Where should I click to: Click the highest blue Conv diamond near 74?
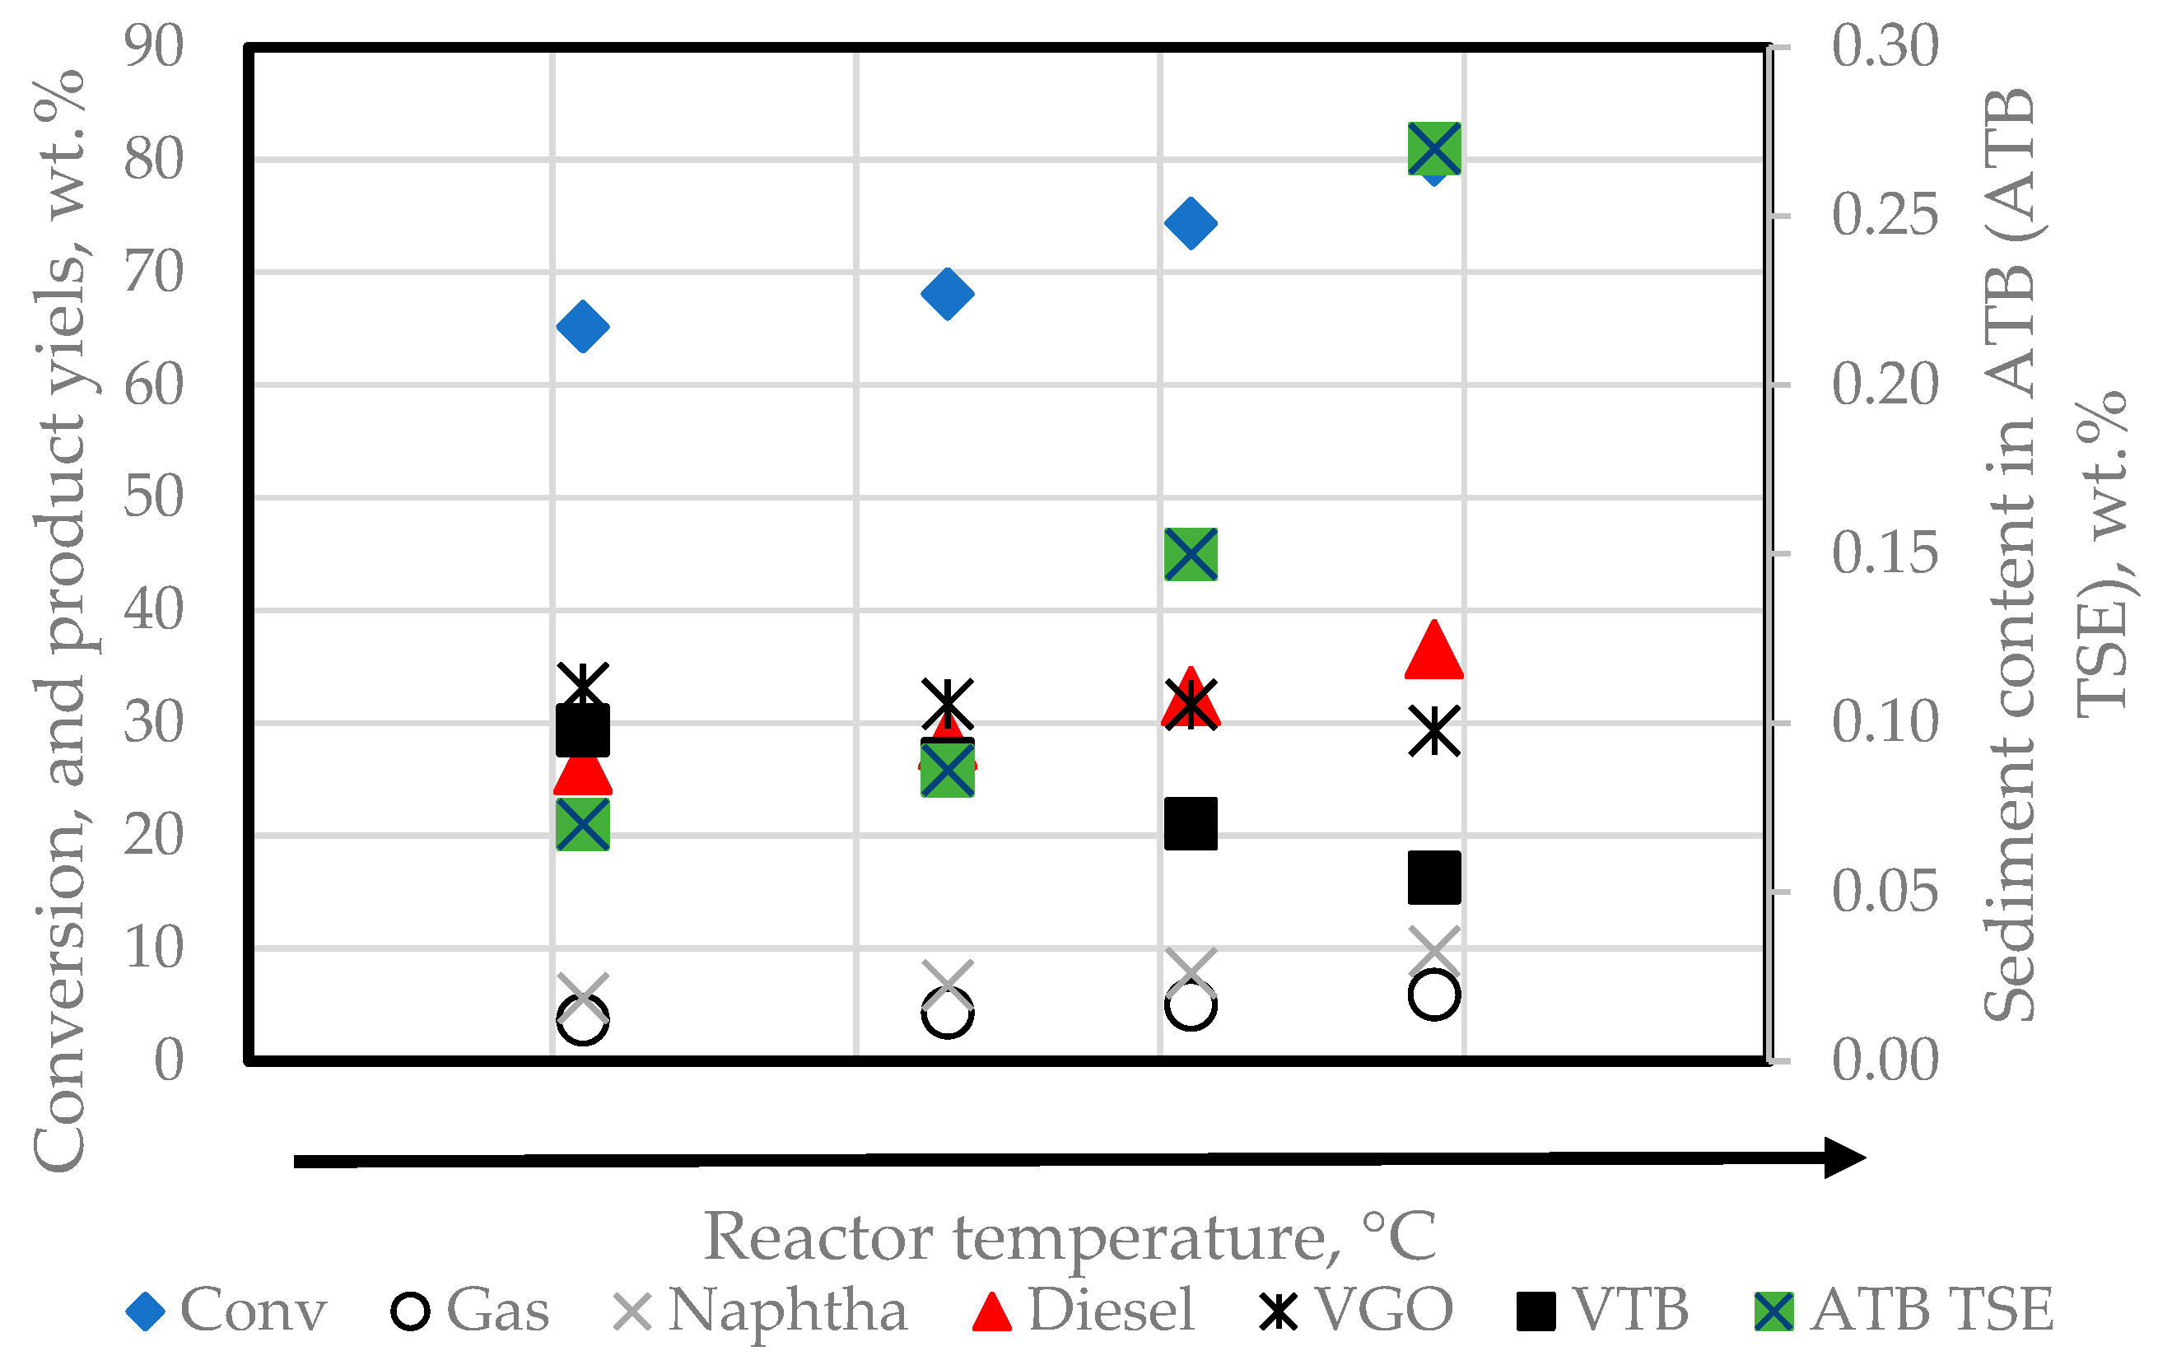[x=1190, y=223]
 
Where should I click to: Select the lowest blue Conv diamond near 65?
[x=582, y=326]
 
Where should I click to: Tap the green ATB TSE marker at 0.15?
[x=1190, y=554]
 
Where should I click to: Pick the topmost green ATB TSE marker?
[x=1434, y=149]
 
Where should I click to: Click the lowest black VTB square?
[x=1434, y=878]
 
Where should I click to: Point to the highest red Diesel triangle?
[x=1434, y=650]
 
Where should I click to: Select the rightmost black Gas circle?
[x=1434, y=994]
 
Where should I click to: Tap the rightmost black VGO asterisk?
[x=1434, y=730]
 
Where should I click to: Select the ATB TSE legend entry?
[x=1904, y=1311]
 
